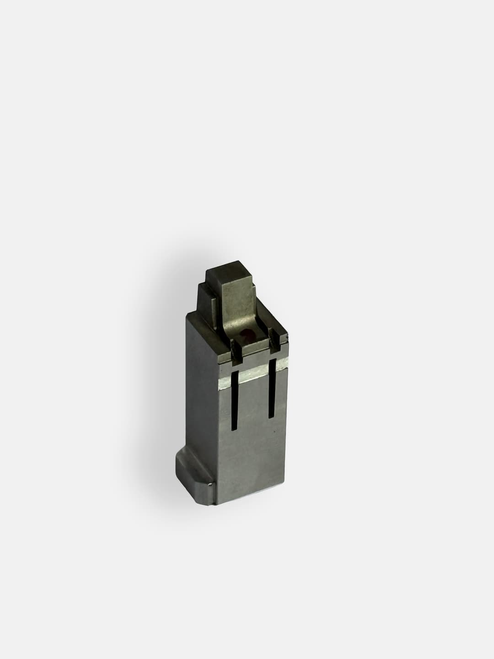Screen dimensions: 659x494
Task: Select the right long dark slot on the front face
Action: coord(271,389)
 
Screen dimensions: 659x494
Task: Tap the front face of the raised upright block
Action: coord(238,302)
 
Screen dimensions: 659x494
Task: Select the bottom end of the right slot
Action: coord(271,417)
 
